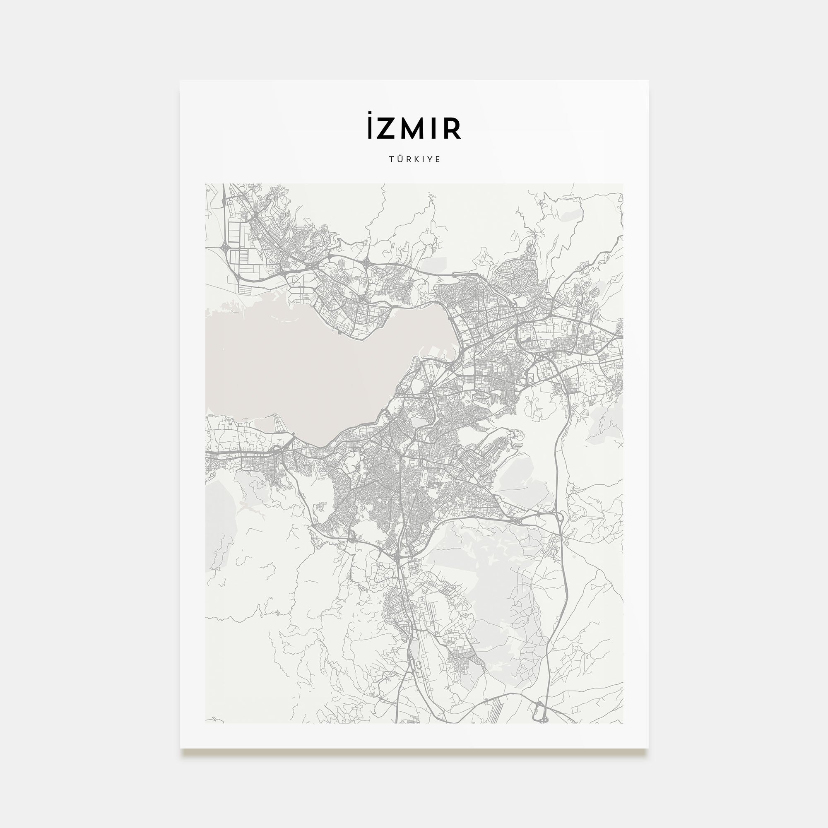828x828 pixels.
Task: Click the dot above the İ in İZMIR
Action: point(370,114)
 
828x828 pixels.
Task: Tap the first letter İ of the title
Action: point(370,129)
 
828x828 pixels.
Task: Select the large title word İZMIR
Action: point(414,128)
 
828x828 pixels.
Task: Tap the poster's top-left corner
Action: point(181,81)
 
